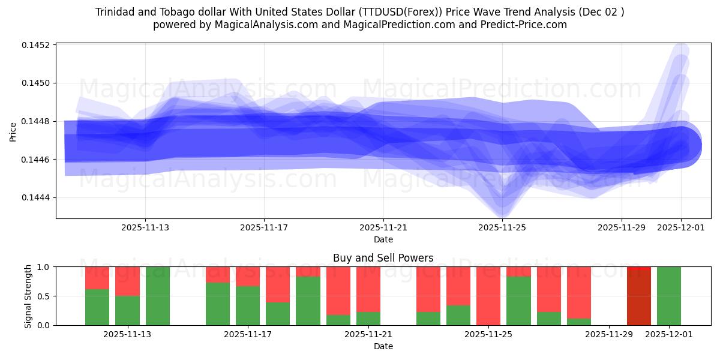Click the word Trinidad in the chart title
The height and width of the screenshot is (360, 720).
coord(115,12)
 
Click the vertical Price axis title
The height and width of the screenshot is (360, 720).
coord(13,131)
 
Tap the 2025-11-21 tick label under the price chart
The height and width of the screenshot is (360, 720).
coord(383,227)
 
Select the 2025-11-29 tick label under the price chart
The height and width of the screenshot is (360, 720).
coord(621,227)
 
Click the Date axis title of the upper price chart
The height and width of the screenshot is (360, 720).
coord(383,239)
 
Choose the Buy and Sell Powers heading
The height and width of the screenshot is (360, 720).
coord(383,258)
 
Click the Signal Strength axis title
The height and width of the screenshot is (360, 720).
coord(28,296)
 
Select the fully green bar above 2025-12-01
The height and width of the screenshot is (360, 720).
coord(668,296)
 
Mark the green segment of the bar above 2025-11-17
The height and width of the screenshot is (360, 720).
coord(247,306)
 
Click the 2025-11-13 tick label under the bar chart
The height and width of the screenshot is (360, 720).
coord(127,334)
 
